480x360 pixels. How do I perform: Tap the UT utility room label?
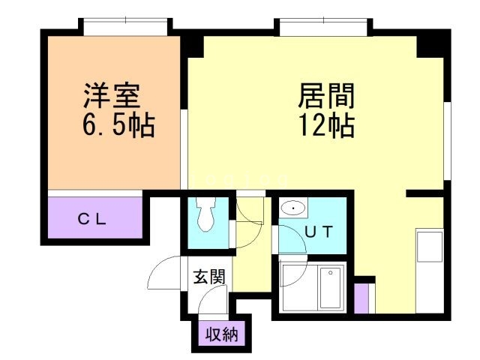point(317,231)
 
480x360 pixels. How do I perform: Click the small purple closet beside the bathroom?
point(361,298)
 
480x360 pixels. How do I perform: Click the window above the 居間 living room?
point(324,28)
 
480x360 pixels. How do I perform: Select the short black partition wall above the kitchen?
point(425,193)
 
